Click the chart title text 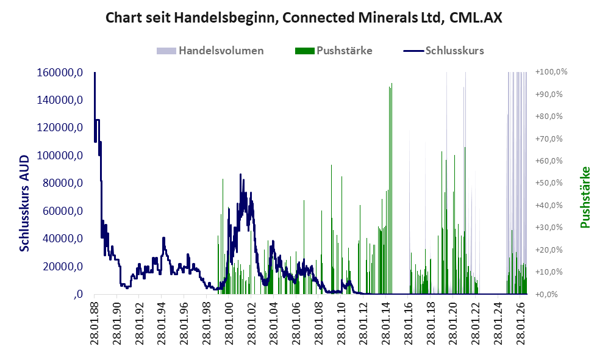304,18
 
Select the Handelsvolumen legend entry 210,51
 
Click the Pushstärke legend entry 334,51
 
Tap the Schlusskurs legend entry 443,51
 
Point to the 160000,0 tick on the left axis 60,72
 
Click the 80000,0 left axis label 62,182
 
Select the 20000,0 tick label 62,266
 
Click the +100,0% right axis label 551,72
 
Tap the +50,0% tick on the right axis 549,182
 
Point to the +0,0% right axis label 547,294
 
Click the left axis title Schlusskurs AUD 24,203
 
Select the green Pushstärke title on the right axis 585,198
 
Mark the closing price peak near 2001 240,174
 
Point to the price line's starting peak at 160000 95,73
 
